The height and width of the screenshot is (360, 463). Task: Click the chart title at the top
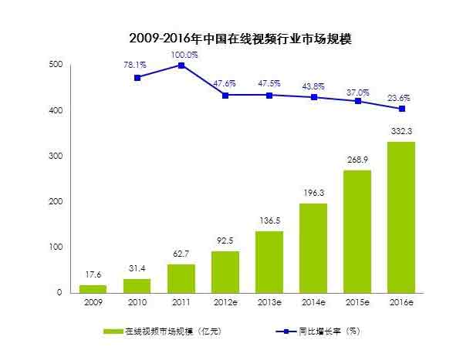coord(231,36)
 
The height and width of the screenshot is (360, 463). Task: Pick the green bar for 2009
coord(93,288)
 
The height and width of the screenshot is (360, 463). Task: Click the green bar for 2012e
coord(225,271)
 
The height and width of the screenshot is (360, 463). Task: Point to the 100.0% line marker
coord(181,66)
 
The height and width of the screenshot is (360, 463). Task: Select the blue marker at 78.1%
coord(137,78)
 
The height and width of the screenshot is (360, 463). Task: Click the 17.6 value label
coord(93,275)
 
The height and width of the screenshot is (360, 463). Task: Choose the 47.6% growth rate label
coord(225,82)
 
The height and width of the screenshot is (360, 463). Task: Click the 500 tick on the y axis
coord(55,66)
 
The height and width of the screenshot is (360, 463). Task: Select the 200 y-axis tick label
coord(55,202)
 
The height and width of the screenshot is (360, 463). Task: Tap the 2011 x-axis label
coord(181,303)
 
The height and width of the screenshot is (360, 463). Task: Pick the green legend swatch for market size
coord(114,331)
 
